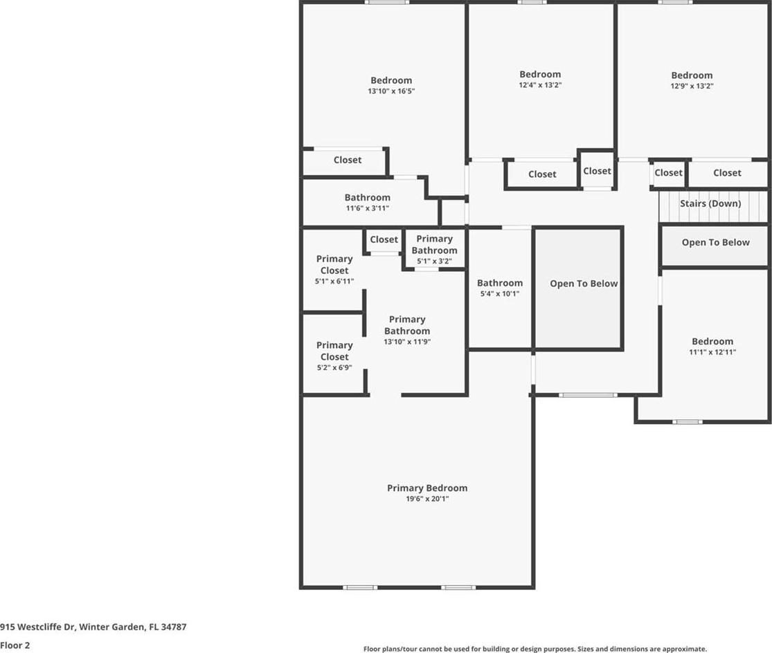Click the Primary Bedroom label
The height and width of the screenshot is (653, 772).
(427, 488)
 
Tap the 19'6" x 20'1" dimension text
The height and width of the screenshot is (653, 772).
(427, 499)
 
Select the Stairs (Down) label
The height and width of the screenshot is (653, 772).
(710, 203)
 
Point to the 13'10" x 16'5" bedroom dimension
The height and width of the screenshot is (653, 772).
(391, 91)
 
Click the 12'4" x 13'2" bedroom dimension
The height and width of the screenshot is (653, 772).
(540, 84)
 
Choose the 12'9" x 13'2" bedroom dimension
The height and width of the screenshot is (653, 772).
(692, 86)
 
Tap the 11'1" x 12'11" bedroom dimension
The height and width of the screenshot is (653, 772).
(712, 352)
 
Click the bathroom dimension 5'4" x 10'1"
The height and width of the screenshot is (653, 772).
(500, 293)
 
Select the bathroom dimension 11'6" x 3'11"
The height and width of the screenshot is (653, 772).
(367, 208)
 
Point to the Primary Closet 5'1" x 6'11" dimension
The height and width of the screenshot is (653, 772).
(334, 282)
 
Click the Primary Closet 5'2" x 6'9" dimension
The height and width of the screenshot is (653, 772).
(334, 367)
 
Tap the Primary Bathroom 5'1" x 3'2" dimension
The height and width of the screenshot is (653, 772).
(434, 261)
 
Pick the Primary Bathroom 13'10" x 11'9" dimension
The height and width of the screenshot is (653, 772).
(407, 342)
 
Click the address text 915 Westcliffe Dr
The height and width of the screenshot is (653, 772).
(37, 627)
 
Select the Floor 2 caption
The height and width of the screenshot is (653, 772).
(15, 645)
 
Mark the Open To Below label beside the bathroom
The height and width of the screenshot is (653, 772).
(584, 284)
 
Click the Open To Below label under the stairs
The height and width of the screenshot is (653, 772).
(715, 242)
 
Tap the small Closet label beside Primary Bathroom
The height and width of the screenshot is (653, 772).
(384, 239)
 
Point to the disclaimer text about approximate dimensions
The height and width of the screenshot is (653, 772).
(535, 649)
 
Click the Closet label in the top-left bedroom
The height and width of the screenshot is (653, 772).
(347, 160)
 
